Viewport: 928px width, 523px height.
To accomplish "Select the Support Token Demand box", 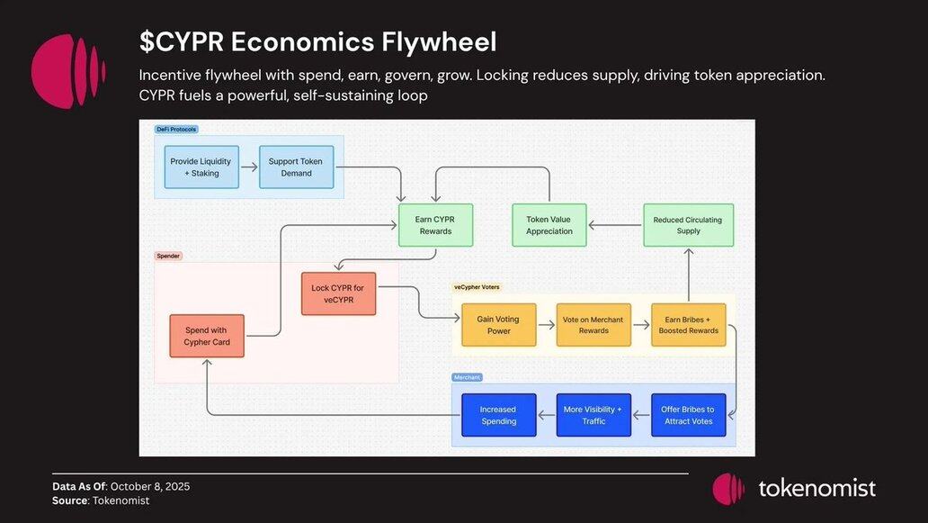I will click(295, 167).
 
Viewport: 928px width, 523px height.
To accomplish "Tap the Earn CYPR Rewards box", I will click(435, 225).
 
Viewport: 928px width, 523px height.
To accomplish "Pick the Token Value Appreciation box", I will click(549, 225).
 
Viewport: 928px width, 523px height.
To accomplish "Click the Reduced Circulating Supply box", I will click(688, 225).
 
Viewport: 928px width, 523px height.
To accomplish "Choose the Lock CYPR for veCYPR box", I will click(338, 293).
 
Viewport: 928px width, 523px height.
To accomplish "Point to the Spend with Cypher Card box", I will click(206, 336).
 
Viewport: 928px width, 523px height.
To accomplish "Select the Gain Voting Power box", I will click(498, 325).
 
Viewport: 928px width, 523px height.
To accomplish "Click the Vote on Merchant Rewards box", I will click(593, 325).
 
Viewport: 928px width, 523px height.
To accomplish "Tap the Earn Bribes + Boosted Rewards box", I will click(689, 325).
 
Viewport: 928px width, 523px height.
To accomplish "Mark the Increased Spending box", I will click(498, 415).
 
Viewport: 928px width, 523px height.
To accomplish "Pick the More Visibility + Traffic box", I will click(593, 415).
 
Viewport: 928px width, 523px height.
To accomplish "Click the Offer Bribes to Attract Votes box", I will click(689, 415).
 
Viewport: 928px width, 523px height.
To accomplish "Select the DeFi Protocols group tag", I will click(176, 130).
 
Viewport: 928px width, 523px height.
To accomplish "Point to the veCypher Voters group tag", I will click(477, 287).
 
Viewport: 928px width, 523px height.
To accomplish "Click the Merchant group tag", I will click(468, 377).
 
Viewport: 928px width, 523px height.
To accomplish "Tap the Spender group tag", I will click(169, 256).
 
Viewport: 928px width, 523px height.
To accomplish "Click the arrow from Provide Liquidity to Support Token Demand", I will click(249, 167).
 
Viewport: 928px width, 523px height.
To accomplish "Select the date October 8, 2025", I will click(150, 487).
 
